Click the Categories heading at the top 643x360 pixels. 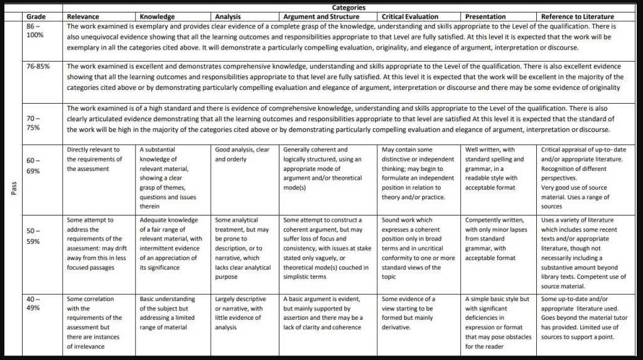coord(349,8)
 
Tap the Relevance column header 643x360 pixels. coord(82,16)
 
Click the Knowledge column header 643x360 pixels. coord(157,16)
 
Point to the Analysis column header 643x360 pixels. coord(227,16)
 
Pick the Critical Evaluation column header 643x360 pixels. coord(410,16)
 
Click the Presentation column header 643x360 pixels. coord(485,16)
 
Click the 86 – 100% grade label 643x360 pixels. coord(35,31)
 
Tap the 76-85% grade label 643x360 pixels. coord(38,65)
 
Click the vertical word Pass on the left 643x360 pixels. coord(14,188)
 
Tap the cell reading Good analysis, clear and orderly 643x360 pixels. coord(242,155)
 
